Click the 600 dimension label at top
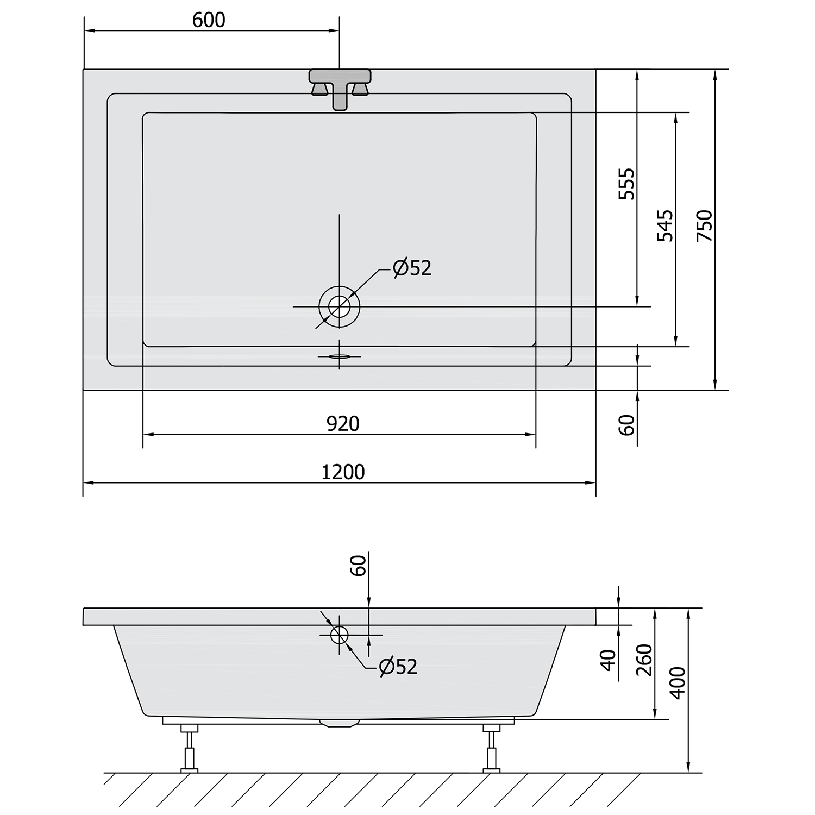(209, 20)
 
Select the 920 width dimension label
(343, 424)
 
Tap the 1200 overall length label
(343, 472)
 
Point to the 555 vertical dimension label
(626, 184)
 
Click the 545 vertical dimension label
(665, 226)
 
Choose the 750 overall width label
(704, 226)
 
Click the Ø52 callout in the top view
(412, 268)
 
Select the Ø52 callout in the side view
(398, 667)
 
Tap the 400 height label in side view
(678, 683)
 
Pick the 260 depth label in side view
(644, 660)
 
